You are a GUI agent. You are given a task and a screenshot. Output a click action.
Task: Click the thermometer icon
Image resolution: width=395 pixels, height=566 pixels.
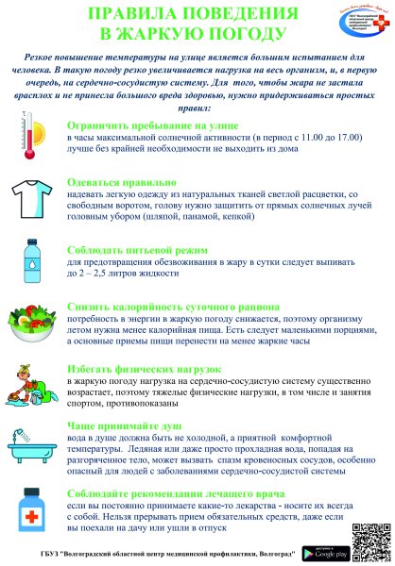click(x=32, y=138)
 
